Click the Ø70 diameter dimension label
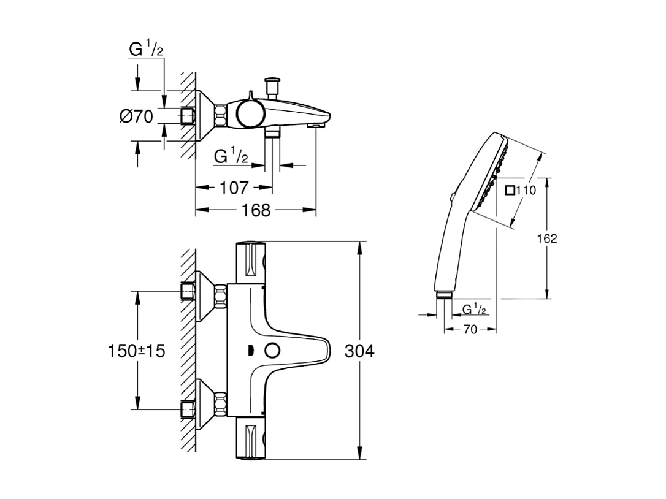click(x=136, y=116)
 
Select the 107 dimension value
click(x=234, y=188)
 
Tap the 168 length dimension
click(x=256, y=210)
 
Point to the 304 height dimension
click(x=359, y=351)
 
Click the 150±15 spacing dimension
click(x=136, y=351)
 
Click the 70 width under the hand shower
click(x=470, y=330)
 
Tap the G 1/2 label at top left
click(x=146, y=49)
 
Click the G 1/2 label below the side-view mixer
click(x=231, y=157)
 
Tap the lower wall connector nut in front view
click(x=220, y=405)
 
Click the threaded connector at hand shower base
click(x=443, y=295)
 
